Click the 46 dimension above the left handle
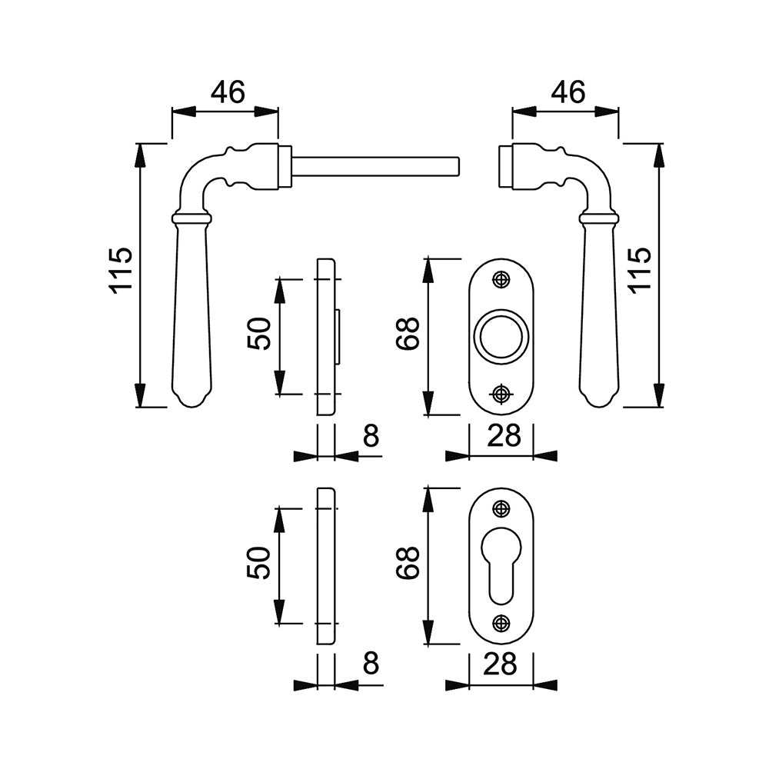click(x=228, y=92)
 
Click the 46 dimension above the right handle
click(x=568, y=92)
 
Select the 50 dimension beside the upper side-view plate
click(x=260, y=335)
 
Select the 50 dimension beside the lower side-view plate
click(x=260, y=563)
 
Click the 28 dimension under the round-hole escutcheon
click(x=504, y=436)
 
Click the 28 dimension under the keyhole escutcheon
click(x=500, y=664)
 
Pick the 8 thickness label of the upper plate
click(x=371, y=436)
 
